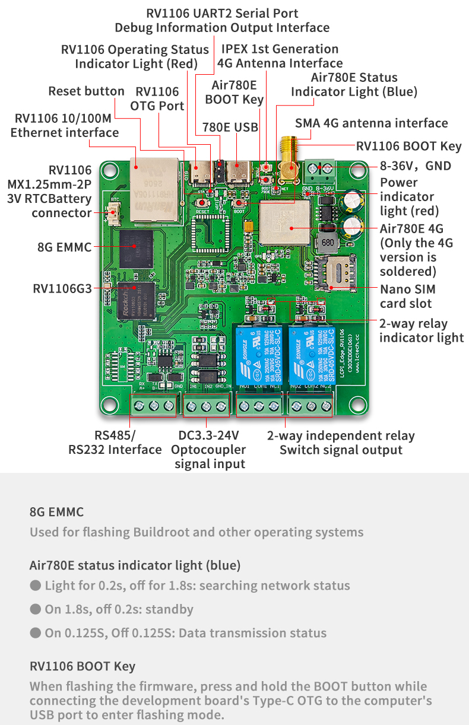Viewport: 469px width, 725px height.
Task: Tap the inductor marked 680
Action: click(x=326, y=243)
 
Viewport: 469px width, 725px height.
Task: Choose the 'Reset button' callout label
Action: click(x=87, y=91)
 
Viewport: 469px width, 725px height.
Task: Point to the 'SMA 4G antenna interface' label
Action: click(x=372, y=123)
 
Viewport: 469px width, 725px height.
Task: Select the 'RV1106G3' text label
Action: click(x=62, y=289)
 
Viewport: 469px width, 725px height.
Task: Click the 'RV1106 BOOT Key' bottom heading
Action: click(x=83, y=666)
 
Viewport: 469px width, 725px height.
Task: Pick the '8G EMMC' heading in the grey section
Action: click(x=56, y=512)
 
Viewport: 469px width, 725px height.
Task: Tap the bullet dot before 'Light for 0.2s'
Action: click(x=36, y=586)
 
